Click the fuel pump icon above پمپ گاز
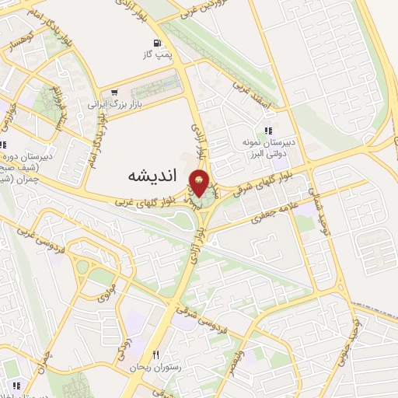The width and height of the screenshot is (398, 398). coord(159,44)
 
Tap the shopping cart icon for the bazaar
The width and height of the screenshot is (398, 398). coord(114,92)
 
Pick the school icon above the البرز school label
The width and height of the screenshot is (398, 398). coord(268,131)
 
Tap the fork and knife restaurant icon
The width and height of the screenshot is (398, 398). coord(155,354)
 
